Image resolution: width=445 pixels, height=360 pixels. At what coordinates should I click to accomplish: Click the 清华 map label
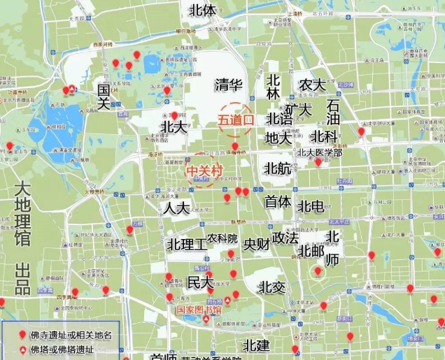point(228,85)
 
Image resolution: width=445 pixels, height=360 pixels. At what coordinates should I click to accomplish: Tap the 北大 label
point(174,127)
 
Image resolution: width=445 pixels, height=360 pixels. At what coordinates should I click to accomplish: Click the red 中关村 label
point(204,169)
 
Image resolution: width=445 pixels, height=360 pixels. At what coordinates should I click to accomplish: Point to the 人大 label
point(176,208)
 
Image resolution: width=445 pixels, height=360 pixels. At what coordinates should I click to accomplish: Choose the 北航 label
point(278,168)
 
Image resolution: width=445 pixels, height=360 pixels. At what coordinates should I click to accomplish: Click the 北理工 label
point(187,245)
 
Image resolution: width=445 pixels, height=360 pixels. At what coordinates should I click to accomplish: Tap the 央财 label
point(257,245)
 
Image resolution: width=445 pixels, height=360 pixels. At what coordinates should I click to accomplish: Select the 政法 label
point(285,238)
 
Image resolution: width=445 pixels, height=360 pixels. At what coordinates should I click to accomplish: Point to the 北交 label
point(271,287)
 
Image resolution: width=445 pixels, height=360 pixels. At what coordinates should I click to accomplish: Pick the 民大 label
point(200,283)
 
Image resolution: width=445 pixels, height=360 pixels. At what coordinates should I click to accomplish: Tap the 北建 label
point(257,345)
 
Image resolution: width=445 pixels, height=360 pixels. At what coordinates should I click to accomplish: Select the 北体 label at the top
point(203,10)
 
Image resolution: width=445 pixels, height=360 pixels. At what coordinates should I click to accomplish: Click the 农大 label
point(312,85)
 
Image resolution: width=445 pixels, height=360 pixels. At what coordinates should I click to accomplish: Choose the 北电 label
point(310,206)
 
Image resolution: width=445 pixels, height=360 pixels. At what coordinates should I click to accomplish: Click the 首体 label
point(277,201)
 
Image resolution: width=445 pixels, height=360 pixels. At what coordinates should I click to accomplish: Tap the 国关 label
point(104,96)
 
